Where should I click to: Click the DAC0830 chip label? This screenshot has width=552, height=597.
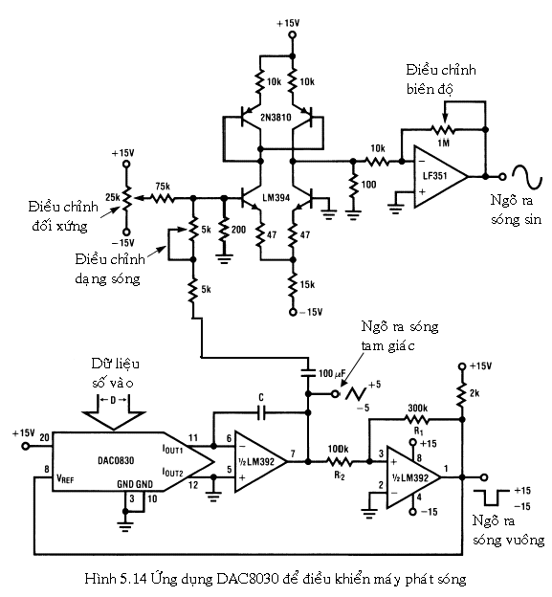(x=116, y=461)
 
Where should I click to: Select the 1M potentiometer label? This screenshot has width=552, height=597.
(x=444, y=143)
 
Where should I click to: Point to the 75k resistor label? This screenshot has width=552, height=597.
(x=163, y=187)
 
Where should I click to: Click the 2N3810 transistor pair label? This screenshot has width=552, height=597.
(x=276, y=118)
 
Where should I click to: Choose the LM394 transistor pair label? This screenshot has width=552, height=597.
(x=276, y=198)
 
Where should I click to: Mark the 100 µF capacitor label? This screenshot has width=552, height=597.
(x=332, y=373)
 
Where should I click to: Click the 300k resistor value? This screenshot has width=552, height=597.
(x=418, y=409)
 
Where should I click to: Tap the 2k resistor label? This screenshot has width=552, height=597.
(x=475, y=393)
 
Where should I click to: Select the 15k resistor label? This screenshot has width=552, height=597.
(x=307, y=284)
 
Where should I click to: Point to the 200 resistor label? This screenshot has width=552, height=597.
(x=239, y=230)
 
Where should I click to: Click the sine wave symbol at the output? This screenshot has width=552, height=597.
(x=526, y=177)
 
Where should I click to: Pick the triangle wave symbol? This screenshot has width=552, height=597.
(x=356, y=394)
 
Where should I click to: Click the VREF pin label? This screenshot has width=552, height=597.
(x=65, y=478)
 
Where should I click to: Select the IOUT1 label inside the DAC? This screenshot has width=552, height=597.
(x=172, y=450)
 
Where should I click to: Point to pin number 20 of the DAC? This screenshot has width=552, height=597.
(x=45, y=437)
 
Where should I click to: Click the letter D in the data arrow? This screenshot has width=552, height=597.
(x=113, y=400)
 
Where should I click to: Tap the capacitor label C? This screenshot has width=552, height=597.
(x=261, y=397)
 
